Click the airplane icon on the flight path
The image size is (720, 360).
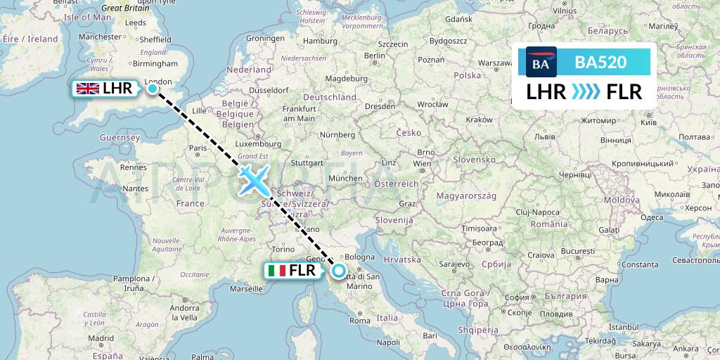pos(252,181)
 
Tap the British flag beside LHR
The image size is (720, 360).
pos(87,89)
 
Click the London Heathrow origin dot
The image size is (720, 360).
pos(152,89)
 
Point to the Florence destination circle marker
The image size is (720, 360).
pos(339,270)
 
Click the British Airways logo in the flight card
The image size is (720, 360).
pos(541,63)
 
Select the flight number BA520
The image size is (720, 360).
pos(600,63)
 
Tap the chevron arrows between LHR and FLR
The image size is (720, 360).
pos(585,91)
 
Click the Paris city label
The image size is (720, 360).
pos(198,148)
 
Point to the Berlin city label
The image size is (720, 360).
pos(375,56)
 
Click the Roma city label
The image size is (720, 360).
pos(359,321)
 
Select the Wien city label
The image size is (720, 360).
pos(422,164)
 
